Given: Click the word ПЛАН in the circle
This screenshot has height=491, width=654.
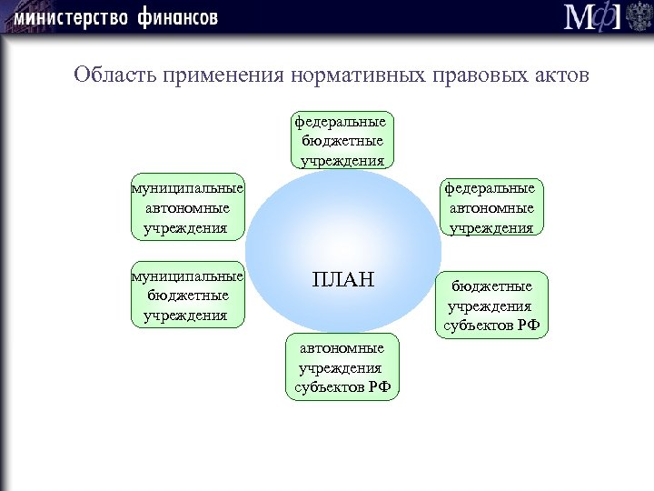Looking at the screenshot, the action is click(342, 278).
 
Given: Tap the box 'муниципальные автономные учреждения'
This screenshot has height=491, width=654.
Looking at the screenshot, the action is click(187, 207).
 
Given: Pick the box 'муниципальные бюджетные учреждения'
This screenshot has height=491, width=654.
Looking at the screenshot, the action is click(187, 296).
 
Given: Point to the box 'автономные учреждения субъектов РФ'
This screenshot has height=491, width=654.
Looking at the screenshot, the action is click(342, 367).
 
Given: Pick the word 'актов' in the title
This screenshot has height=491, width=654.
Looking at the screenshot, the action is click(562, 75).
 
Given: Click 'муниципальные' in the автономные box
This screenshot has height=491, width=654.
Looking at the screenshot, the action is click(187, 188).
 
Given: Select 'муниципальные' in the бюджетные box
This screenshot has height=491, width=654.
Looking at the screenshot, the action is click(187, 276).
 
